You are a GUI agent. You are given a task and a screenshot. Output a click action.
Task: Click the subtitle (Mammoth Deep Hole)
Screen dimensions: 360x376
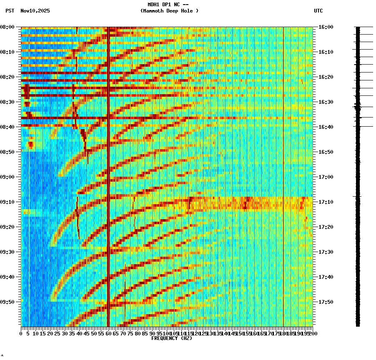click(169, 11)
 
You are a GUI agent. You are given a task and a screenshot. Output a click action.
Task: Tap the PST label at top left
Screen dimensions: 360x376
click(10, 11)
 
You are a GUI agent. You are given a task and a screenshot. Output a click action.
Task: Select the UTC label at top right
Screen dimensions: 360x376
click(318, 11)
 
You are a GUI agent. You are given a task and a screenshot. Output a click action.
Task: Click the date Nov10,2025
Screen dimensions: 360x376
click(35, 11)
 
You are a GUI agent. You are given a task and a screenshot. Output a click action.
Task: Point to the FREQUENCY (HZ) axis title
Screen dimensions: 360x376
click(171, 338)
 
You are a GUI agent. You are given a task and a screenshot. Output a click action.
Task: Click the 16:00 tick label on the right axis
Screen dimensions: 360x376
click(326, 27)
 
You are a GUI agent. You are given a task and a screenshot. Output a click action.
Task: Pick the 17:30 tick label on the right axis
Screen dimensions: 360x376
click(326, 252)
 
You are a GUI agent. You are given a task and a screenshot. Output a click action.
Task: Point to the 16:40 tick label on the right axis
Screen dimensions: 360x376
click(326, 127)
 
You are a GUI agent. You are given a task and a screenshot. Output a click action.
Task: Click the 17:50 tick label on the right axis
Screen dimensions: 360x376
click(326, 302)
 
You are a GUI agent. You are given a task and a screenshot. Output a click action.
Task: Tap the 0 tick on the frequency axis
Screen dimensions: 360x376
click(21, 334)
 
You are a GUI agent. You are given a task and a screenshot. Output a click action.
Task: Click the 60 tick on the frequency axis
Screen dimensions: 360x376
click(108, 334)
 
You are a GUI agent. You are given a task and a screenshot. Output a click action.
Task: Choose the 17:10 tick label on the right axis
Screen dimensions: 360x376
click(326, 202)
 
